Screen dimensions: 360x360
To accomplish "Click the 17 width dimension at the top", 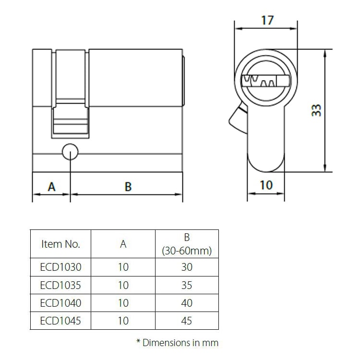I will (267, 20).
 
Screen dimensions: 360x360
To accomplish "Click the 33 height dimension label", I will (316, 110).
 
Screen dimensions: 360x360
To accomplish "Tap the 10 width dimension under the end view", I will (266, 185).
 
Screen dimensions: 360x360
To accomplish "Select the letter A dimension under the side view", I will (52, 186).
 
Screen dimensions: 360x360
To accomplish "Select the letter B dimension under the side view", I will (128, 186).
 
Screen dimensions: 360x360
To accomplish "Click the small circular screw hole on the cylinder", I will (70, 151).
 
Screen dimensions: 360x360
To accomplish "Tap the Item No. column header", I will (60, 244).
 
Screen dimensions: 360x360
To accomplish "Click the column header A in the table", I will (123, 244).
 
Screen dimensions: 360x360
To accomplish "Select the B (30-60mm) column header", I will (187, 244).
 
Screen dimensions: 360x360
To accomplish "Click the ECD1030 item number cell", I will (60, 267).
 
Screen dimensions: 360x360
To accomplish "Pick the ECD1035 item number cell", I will (60, 285).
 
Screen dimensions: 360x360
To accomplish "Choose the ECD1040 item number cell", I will (60, 303).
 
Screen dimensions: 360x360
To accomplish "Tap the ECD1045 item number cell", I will (60, 321).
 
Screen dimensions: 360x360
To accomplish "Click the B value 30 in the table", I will (187, 267).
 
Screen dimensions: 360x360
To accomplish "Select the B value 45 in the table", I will (187, 321).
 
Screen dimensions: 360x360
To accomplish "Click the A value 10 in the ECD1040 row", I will (123, 303).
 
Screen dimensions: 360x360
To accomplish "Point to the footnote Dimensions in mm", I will (177, 343).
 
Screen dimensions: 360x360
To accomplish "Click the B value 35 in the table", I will (187, 285).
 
